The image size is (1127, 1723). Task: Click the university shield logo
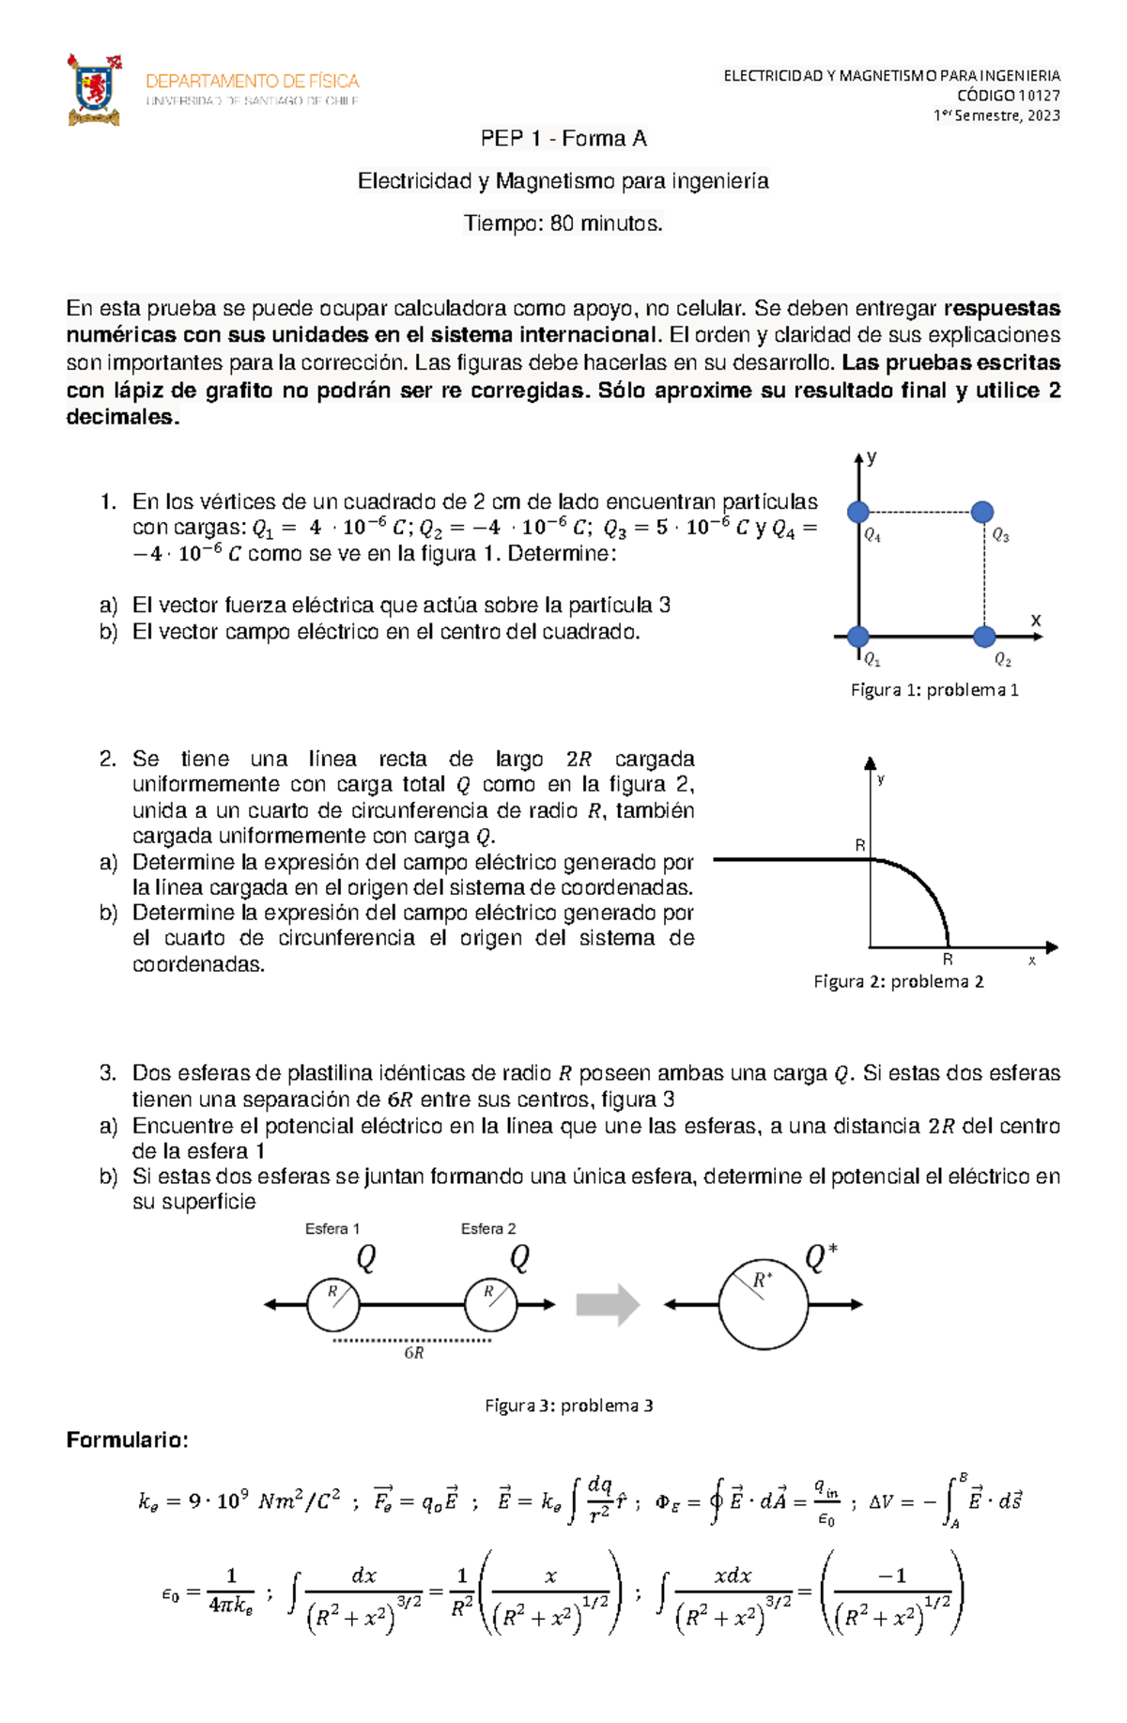(94, 90)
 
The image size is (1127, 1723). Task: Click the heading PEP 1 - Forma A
(563, 139)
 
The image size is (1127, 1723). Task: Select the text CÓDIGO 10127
(1008, 95)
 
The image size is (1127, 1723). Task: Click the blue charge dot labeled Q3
(981, 512)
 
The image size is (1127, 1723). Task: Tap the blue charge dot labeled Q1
(857, 637)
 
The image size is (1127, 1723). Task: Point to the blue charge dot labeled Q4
(857, 512)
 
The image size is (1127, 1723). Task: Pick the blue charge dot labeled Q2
(983, 637)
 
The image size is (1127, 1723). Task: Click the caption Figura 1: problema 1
(934, 690)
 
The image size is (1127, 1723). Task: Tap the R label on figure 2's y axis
(859, 846)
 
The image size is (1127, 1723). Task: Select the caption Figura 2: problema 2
(899, 982)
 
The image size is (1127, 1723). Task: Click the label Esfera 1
(332, 1229)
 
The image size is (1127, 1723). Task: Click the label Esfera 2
(488, 1229)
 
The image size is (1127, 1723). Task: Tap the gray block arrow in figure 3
(608, 1305)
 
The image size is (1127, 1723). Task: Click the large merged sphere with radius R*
(764, 1305)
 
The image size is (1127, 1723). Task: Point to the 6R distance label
(414, 1353)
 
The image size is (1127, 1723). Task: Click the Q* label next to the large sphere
(820, 1258)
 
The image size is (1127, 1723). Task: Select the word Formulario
(127, 1440)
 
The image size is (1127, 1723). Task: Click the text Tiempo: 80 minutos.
(563, 223)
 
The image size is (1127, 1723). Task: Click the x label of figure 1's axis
(1036, 620)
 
